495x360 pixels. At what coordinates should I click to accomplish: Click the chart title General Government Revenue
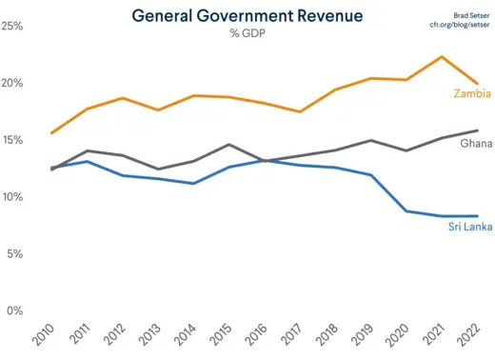coord(247,16)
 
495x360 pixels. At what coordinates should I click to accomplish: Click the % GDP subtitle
coord(247,34)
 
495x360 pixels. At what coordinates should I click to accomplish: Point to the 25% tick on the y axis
coord(12,26)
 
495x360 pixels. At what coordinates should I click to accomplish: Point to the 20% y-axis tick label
coord(12,83)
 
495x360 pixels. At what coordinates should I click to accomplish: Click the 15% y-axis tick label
coord(12,140)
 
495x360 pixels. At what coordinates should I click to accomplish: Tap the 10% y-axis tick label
coord(12,197)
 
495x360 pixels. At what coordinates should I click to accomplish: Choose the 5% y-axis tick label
coord(15,254)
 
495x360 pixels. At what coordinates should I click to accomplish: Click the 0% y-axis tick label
coord(15,311)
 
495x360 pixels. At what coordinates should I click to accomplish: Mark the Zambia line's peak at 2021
coord(442,57)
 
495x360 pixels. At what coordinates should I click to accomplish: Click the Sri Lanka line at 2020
coord(406,210)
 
